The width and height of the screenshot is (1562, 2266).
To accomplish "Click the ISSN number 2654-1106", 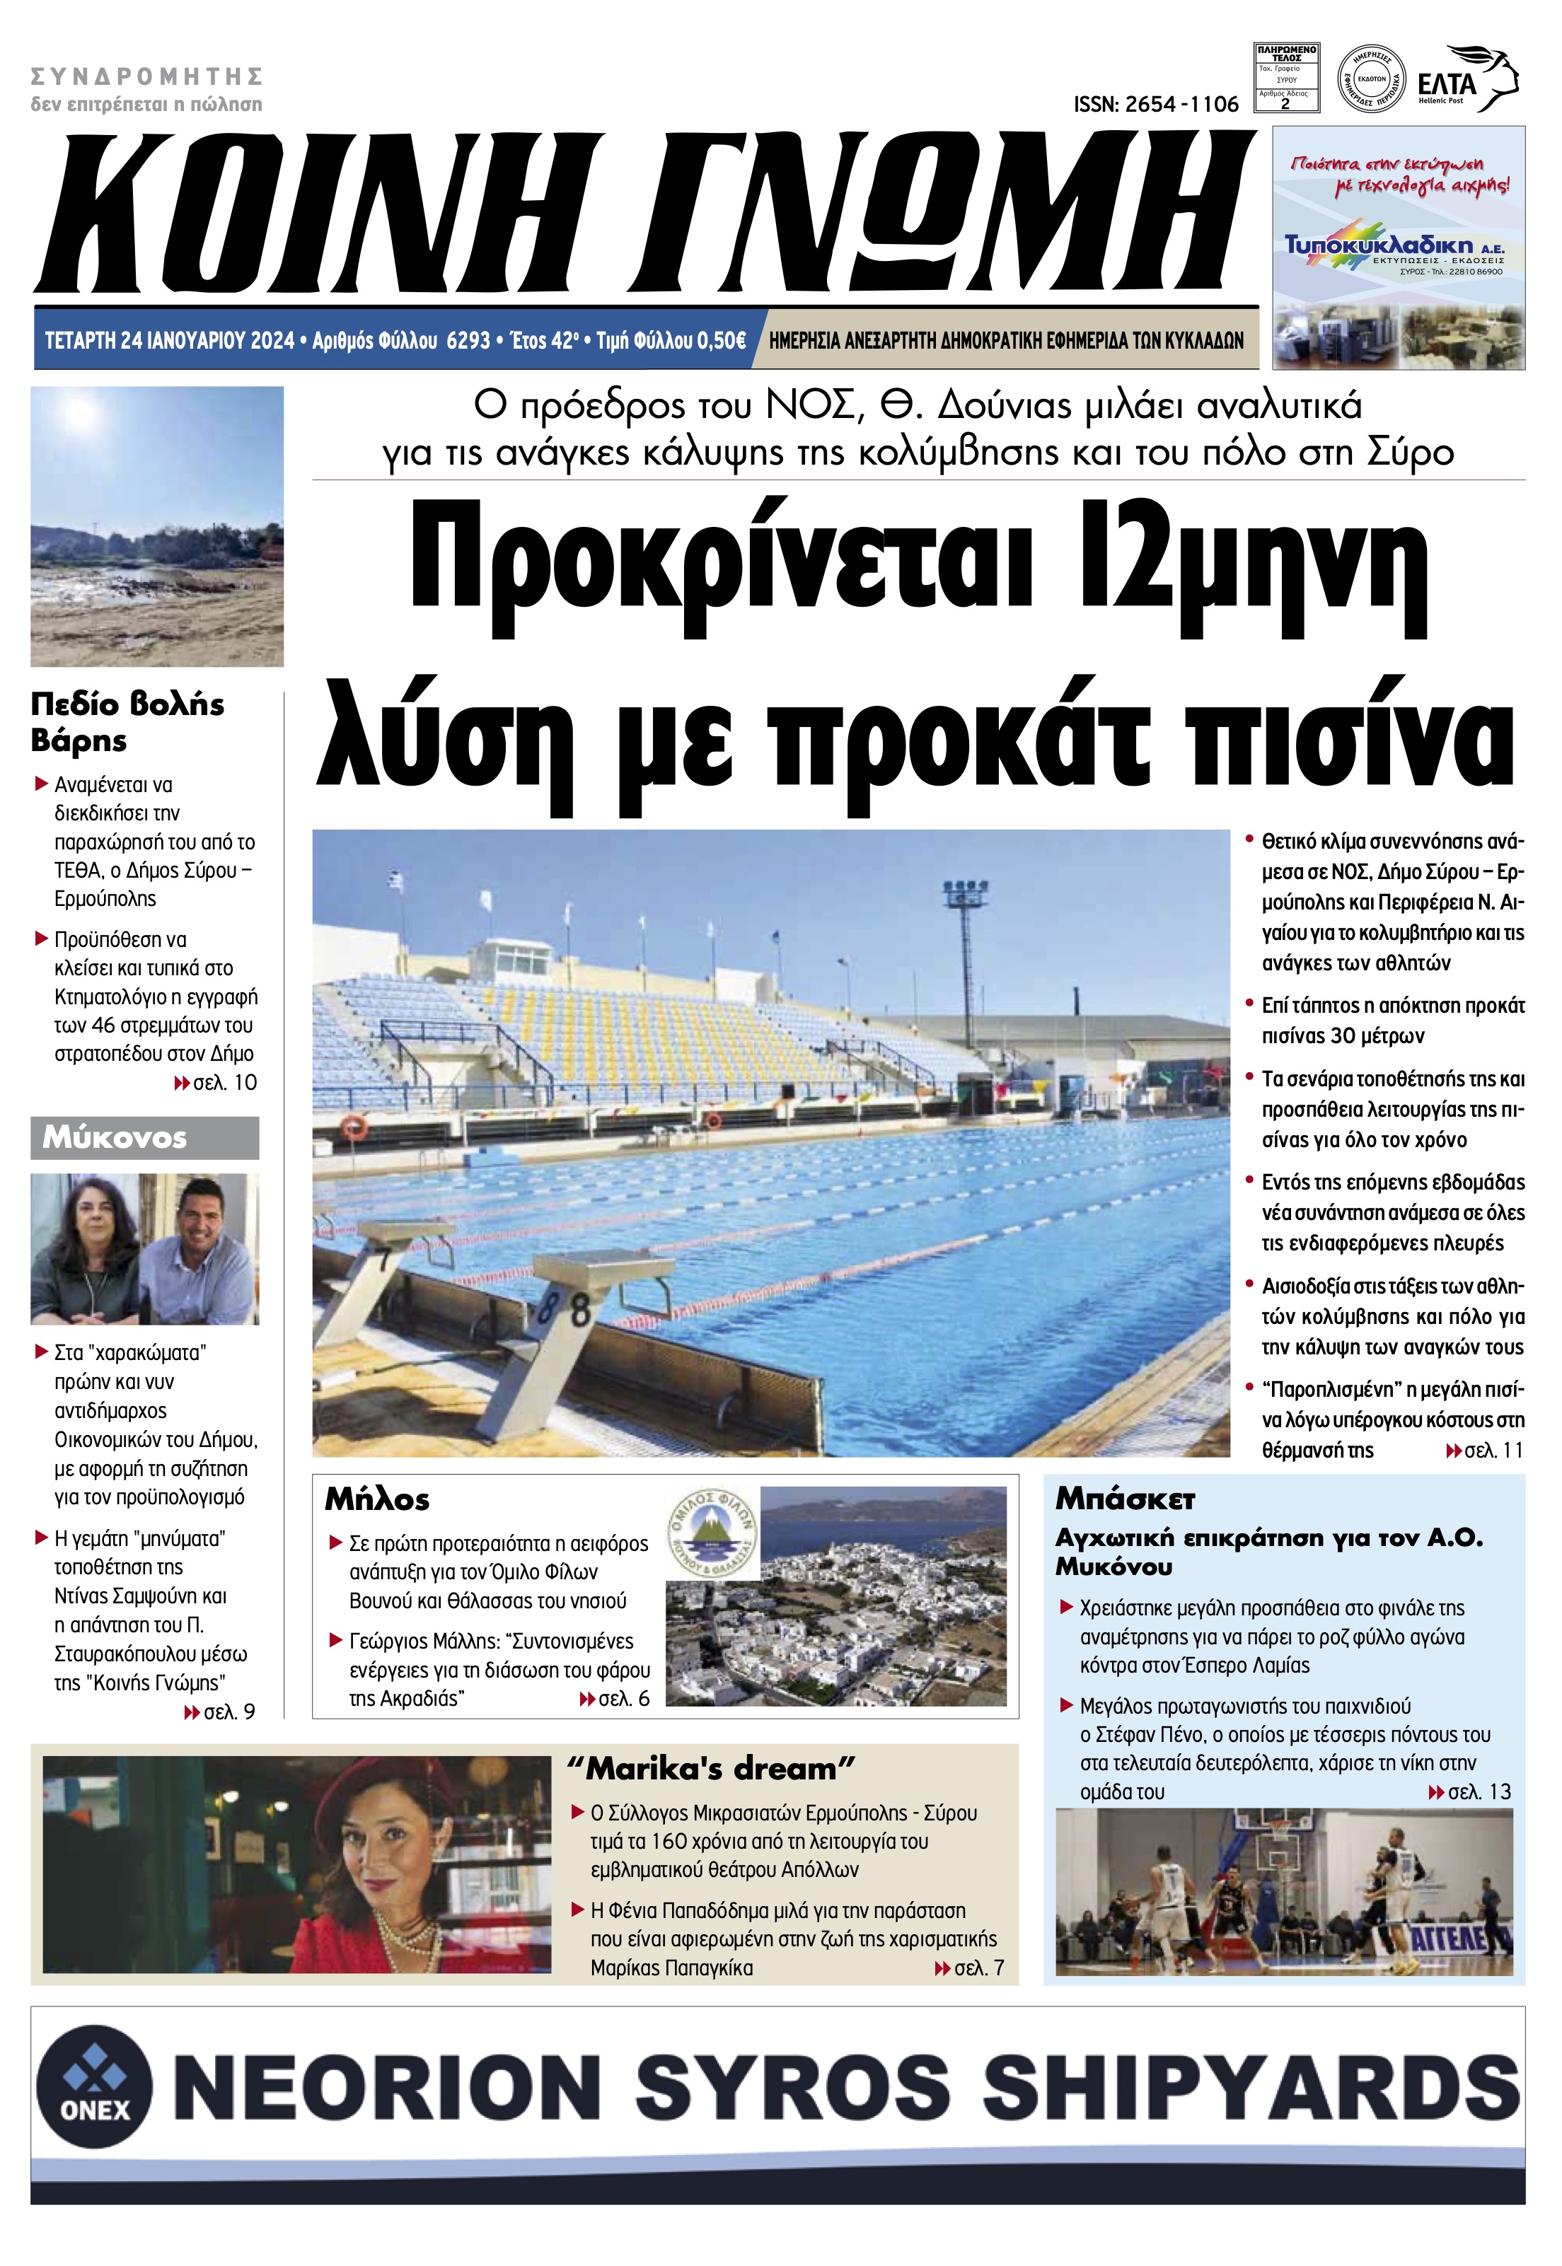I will [1156, 104].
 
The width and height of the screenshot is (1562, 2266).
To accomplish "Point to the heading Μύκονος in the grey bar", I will [115, 1138].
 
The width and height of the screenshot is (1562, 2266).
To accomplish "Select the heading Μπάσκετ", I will [1125, 1499].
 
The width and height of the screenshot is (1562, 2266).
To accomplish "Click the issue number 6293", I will [467, 340].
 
